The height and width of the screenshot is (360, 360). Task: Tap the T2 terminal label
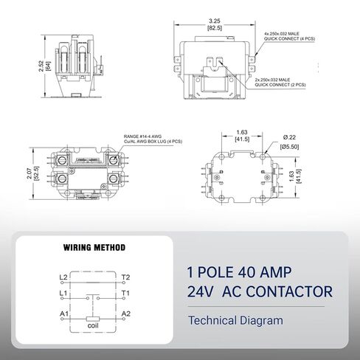click(126, 277)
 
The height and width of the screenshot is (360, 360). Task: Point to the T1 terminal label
click(126, 293)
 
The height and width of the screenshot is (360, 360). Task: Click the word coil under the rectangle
click(93, 324)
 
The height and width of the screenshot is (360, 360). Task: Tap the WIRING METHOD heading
click(94, 247)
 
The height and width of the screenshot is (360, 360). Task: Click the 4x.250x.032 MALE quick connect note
click(291, 34)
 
